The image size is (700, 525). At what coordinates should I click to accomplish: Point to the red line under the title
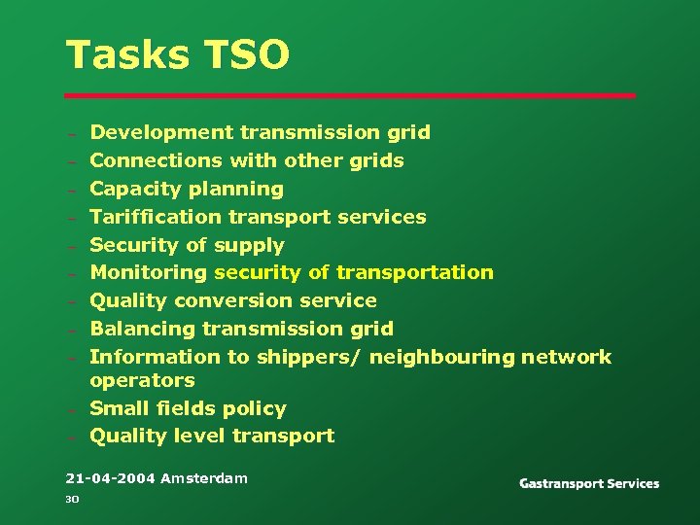(350, 95)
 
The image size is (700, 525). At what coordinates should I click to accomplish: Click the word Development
(161, 132)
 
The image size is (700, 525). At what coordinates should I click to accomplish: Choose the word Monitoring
(149, 272)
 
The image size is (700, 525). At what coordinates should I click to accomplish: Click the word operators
(142, 380)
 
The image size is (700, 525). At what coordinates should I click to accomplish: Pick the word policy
(254, 408)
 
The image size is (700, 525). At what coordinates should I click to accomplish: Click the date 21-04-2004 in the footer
(110, 478)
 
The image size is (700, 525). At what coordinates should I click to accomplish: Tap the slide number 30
(71, 500)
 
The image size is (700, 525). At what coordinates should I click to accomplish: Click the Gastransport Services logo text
(589, 483)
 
